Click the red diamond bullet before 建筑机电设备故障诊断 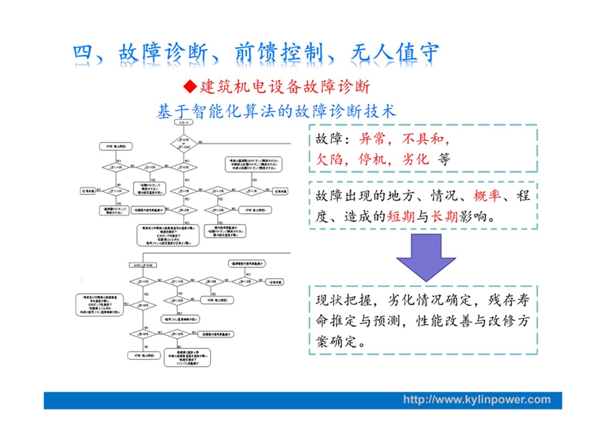(x=189, y=87)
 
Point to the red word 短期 (x=401, y=217)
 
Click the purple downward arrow (x=426, y=256)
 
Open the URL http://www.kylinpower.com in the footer (x=477, y=400)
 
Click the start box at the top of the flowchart (x=182, y=123)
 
